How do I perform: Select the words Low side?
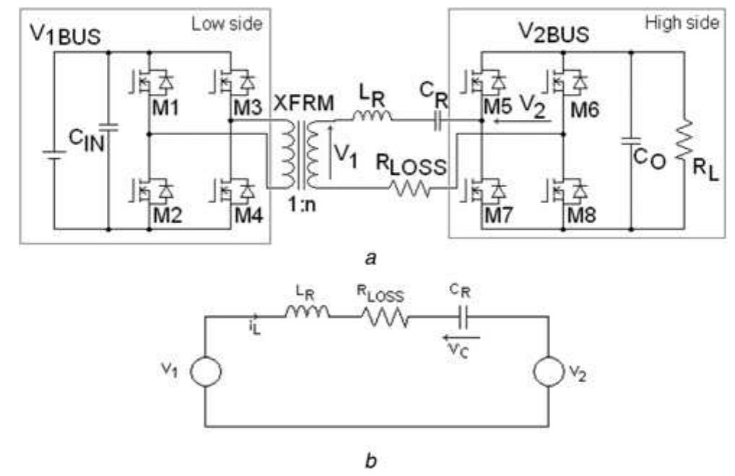click(x=227, y=23)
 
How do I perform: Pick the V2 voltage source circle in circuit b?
click(x=549, y=372)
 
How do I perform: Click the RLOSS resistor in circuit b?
click(x=384, y=319)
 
